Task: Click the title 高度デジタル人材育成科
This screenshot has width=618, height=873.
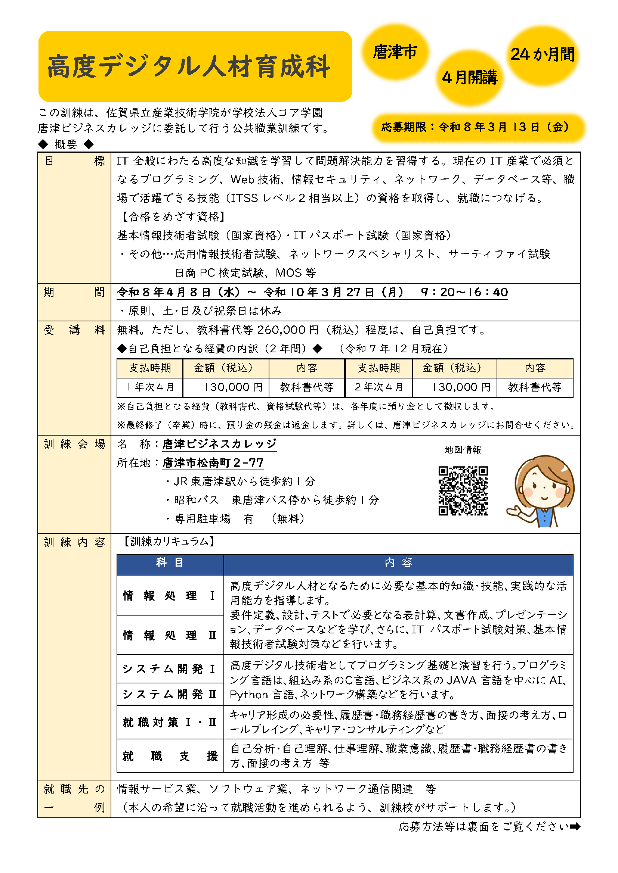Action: [x=189, y=67]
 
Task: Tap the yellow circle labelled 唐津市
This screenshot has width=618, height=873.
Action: [x=395, y=52]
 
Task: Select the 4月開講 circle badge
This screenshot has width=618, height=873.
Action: [x=469, y=78]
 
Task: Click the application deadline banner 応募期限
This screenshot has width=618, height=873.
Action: [x=478, y=127]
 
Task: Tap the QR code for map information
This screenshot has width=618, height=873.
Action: [x=463, y=490]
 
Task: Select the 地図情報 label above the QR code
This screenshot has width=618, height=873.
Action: [x=463, y=450]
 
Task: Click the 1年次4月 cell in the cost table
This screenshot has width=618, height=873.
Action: [x=150, y=387]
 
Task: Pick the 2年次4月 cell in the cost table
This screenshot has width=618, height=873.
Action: [x=378, y=387]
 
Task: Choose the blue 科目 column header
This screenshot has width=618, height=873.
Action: [x=170, y=563]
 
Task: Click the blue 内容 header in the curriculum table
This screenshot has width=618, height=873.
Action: [x=398, y=563]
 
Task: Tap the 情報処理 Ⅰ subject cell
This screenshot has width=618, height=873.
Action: [x=170, y=595]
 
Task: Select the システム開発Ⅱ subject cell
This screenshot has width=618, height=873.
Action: [x=170, y=694]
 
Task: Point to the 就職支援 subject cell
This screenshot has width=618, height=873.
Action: [x=170, y=756]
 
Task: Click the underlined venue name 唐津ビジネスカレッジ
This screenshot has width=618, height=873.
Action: [x=219, y=444]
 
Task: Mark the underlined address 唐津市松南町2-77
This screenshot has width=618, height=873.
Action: [x=213, y=463]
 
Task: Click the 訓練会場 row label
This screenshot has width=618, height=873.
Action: [x=74, y=444]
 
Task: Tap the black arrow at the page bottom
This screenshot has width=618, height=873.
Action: [x=575, y=826]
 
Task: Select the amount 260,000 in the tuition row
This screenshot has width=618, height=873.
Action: [x=282, y=330]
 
